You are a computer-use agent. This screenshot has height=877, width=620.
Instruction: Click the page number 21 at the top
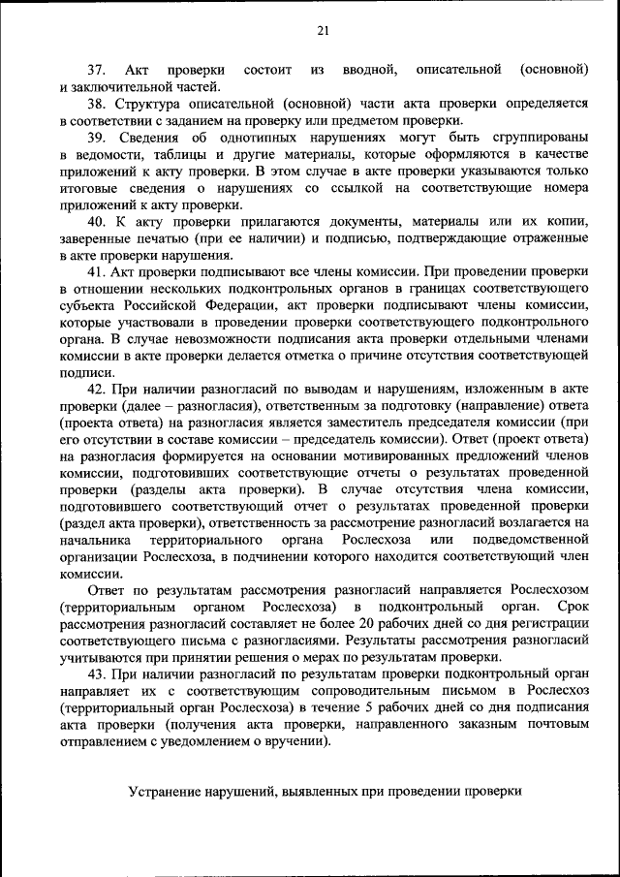(323, 31)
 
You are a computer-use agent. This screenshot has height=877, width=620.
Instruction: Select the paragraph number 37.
(96, 71)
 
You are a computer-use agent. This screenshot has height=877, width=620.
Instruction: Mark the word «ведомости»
(104, 154)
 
